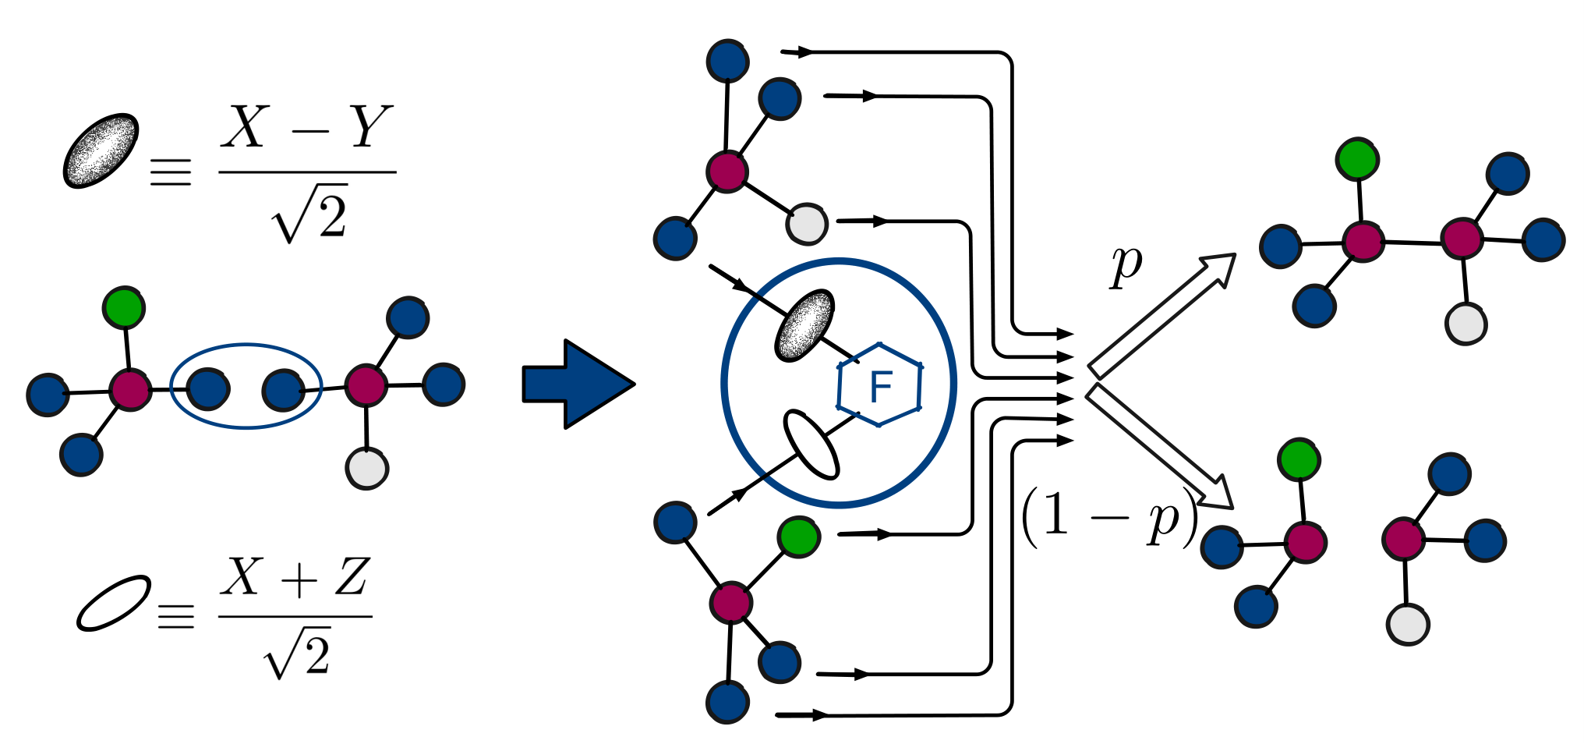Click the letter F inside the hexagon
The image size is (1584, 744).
[x=880, y=386]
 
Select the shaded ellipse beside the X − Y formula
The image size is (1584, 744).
[x=101, y=151]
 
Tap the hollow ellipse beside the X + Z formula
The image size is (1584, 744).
[x=114, y=602]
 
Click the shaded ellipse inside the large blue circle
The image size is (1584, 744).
[x=804, y=325]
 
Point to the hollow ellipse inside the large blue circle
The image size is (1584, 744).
[x=811, y=444]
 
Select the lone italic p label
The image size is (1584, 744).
[x=1126, y=265]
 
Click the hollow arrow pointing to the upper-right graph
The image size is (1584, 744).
[x=1161, y=315]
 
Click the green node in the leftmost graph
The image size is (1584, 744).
[x=124, y=308]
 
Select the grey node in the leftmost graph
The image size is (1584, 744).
[x=366, y=469]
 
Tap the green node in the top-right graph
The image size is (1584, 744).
[x=1357, y=160]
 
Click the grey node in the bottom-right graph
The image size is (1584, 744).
[x=1408, y=625]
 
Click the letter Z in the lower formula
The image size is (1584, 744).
[x=351, y=577]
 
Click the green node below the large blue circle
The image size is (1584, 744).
[x=799, y=537]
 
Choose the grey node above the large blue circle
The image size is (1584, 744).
[x=807, y=224]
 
